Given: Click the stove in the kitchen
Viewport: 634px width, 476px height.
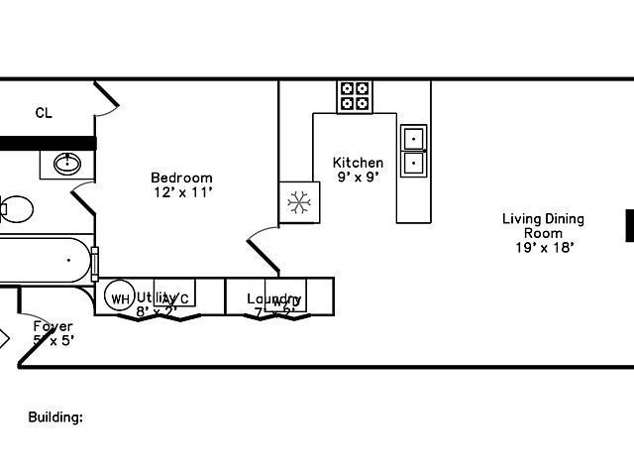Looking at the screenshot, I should coord(355,96).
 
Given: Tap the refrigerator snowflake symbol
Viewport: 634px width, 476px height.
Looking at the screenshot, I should coord(297,203).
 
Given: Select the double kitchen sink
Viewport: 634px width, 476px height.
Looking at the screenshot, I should coord(413,150).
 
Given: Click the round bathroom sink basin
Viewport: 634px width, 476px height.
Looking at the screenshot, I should coord(68,163).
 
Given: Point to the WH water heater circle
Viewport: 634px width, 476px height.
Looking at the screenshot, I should coord(120,298).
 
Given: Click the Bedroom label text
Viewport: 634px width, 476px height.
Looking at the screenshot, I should coord(181,178).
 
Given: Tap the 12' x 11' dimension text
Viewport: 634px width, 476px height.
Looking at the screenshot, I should coord(181,191).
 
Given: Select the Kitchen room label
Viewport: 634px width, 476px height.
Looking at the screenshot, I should coord(358,163).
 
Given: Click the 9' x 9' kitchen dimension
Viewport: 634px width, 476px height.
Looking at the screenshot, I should coord(358,177).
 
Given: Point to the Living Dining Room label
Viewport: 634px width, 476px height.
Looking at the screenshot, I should coord(543,226).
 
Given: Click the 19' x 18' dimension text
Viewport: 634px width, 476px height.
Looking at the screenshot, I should coord(544,248).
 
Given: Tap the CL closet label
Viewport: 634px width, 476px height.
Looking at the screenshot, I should coord(44,113).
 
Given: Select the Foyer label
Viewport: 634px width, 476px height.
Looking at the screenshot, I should coord(53,326).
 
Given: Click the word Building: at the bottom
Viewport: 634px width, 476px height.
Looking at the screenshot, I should coord(54,417).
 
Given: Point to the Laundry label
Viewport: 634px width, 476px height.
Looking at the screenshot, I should coord(273,298).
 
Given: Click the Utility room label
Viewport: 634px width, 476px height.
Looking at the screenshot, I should coord(157,297).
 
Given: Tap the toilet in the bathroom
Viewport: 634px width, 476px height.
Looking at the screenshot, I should coord(15,209).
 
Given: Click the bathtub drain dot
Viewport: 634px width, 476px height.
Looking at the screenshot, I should coord(68,260).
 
